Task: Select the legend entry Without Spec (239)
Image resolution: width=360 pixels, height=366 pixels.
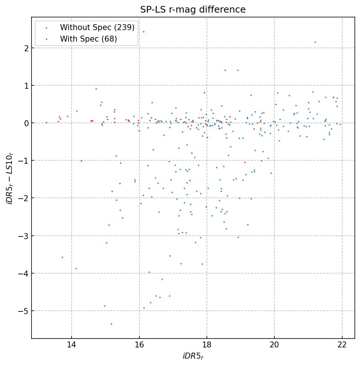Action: click(97, 27)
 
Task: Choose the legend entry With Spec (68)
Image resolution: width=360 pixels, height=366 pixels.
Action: click(88, 39)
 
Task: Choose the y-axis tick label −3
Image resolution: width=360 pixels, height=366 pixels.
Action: click(23, 236)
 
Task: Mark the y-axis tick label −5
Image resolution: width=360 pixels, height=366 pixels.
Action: click(23, 311)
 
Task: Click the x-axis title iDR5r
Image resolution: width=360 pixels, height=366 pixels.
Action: click(193, 356)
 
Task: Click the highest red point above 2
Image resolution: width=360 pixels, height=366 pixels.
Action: click(143, 32)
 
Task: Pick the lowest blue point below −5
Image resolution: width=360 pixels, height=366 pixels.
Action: click(111, 324)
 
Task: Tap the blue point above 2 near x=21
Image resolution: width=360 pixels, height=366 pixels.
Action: click(315, 42)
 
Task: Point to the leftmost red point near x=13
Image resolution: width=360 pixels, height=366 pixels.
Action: click(46, 122)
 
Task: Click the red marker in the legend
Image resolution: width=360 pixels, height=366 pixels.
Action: click(46, 39)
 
